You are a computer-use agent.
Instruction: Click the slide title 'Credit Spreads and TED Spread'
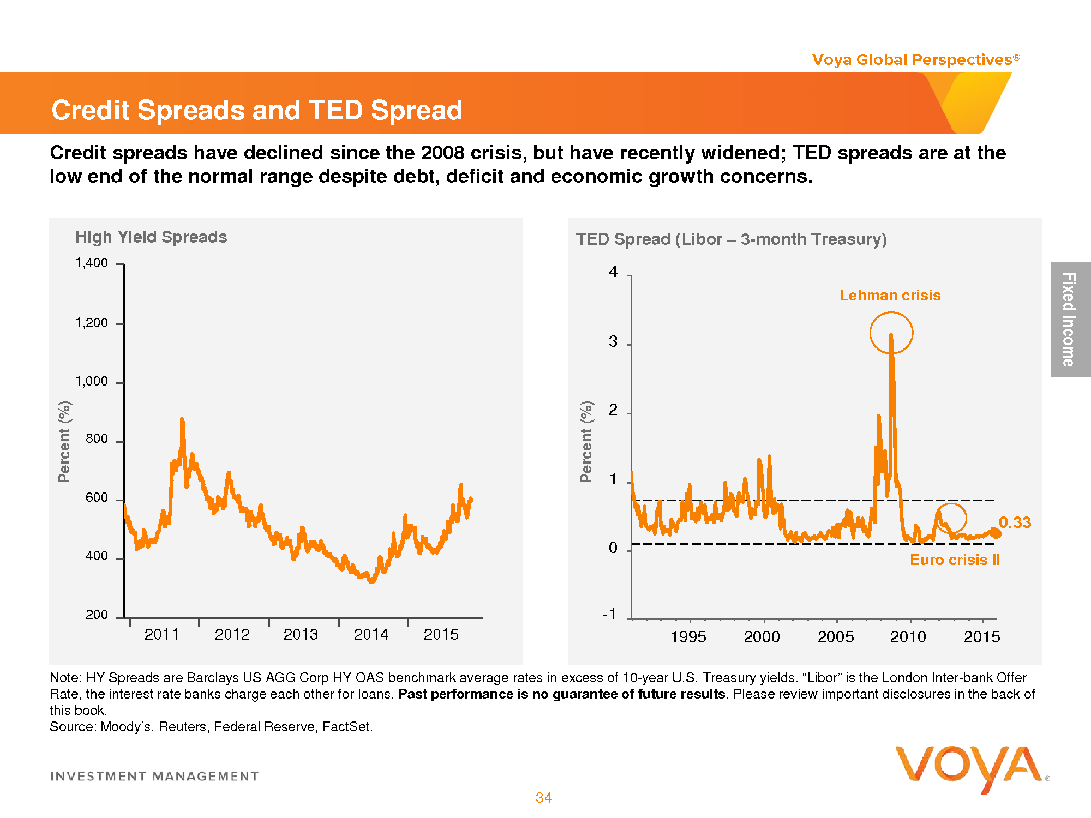[256, 110]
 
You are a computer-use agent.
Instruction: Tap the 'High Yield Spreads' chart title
[151, 237]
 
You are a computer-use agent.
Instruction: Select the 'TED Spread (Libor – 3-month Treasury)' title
[731, 239]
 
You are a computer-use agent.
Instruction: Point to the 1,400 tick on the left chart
[92, 263]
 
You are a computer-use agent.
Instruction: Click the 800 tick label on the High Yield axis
[97, 439]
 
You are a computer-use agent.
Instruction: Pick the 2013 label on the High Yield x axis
[301, 635]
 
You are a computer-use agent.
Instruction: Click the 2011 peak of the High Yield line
[182, 420]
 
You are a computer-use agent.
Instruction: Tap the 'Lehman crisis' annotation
[890, 296]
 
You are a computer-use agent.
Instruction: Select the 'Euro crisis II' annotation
[955, 560]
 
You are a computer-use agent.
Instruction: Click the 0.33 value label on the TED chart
[1015, 522]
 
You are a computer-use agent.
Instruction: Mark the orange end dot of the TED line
[996, 533]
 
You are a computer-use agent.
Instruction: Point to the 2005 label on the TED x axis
[835, 637]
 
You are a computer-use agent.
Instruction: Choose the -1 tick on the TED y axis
[609, 615]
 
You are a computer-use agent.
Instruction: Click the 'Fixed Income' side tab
[1070, 320]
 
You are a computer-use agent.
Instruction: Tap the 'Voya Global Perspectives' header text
[912, 60]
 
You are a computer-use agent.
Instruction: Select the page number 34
[544, 798]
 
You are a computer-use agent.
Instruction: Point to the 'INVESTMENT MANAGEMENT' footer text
[154, 777]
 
